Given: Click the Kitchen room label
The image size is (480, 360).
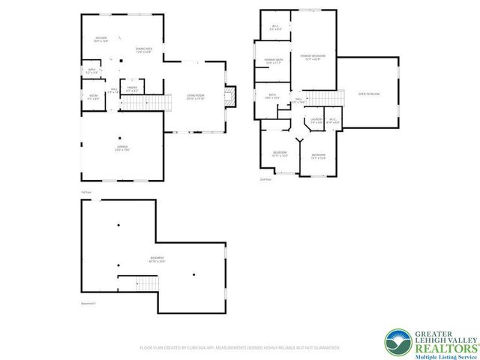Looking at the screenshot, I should point(101,40).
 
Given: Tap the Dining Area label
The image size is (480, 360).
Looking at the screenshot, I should point(144,50).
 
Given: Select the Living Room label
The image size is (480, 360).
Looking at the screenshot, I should point(196,97).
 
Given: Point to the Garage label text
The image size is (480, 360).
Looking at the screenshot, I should point(123,149).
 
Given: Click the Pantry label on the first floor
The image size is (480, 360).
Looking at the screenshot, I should point(132,89).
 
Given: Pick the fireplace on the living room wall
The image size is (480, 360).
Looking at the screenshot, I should point(232,95).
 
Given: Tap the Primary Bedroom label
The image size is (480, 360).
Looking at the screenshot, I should point(312,57).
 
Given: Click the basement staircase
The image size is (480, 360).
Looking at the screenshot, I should point(147,283).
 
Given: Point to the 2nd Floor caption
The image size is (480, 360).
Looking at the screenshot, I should point(265,180).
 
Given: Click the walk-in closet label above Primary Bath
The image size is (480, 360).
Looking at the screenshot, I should point(275,28).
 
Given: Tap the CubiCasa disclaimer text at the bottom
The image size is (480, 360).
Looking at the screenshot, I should point(240,348).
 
